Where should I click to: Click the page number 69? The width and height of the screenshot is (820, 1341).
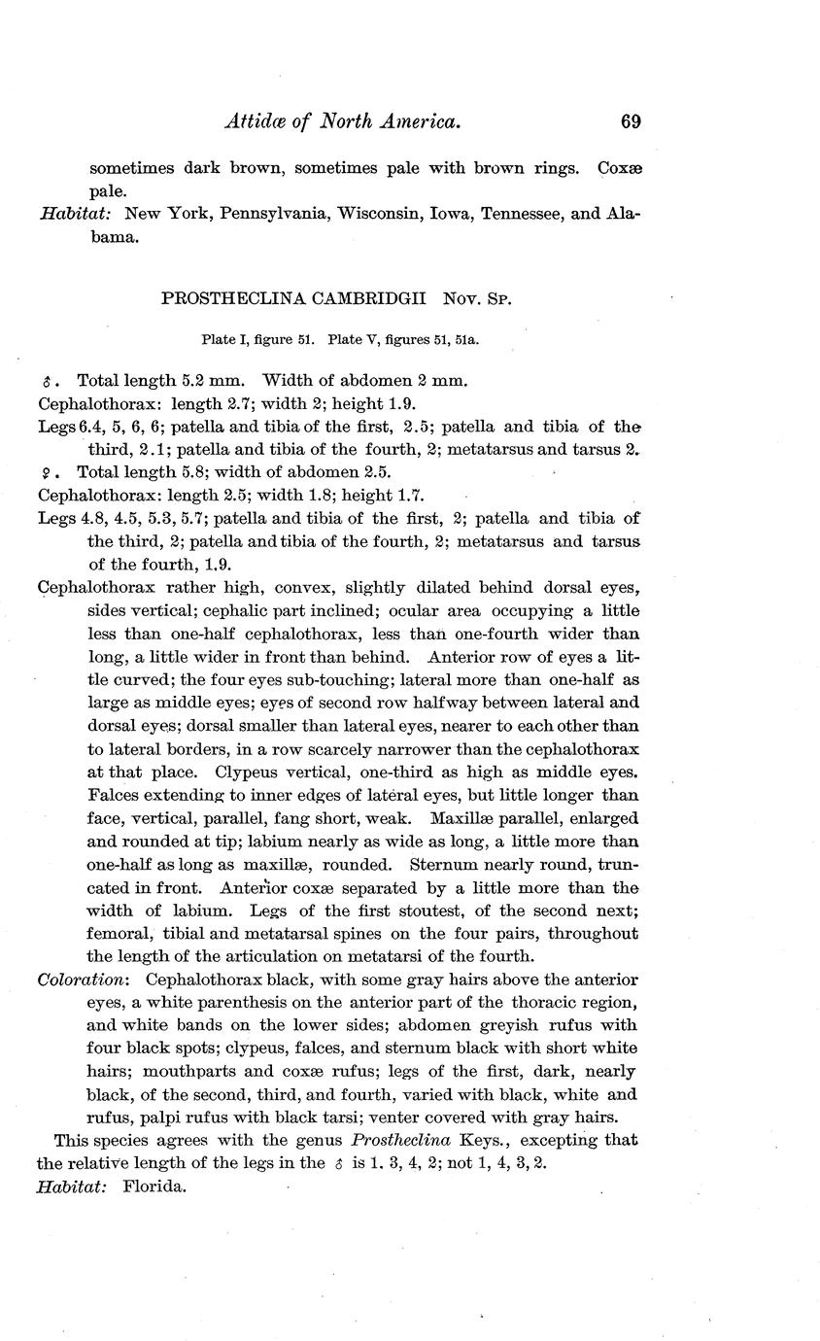click(630, 121)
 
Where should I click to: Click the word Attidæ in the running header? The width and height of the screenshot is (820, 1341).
click(255, 121)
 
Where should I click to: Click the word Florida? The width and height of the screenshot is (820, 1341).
click(154, 1186)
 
